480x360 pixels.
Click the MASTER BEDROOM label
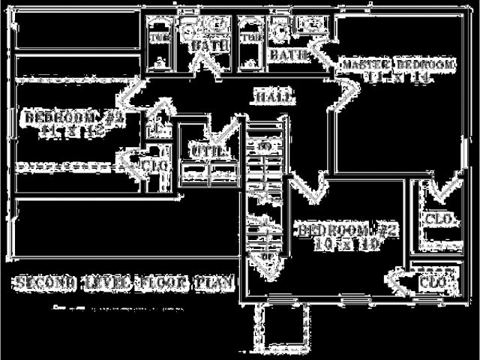click(398, 65)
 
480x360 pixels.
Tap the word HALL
click(274, 97)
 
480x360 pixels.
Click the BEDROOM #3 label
click(73, 118)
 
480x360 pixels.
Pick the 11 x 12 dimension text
click(73, 130)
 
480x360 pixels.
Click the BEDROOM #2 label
click(347, 230)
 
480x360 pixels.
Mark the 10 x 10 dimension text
click(347, 244)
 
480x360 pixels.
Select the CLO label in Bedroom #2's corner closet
click(433, 283)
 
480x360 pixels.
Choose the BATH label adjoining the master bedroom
click(289, 54)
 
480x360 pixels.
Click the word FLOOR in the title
click(160, 283)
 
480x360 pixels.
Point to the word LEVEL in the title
click(104, 283)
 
